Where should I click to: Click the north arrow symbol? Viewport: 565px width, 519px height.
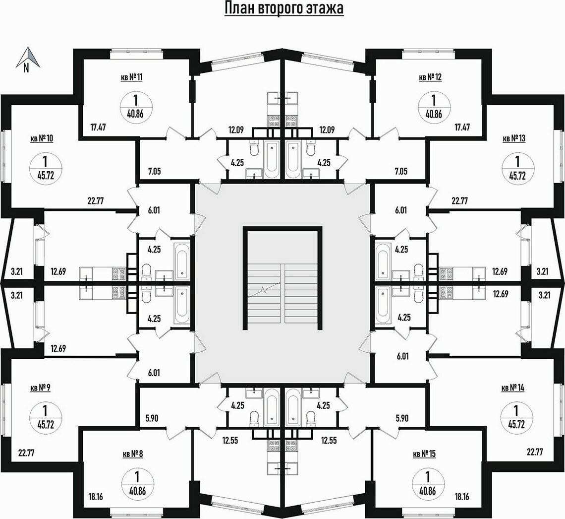28,58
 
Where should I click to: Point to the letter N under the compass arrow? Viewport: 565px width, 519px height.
26,68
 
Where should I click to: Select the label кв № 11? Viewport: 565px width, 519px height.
131,77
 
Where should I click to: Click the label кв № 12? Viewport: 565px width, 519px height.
430,77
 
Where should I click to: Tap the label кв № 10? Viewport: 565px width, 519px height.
42,138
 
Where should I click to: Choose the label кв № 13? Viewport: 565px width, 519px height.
514,138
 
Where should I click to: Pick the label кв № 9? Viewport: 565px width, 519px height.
40,388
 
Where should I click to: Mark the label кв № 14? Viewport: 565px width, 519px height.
513,388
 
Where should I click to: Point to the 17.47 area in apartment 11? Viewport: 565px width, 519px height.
98,128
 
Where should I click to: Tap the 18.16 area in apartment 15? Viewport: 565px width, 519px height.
462,497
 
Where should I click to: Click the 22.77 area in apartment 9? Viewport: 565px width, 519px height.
26,453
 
